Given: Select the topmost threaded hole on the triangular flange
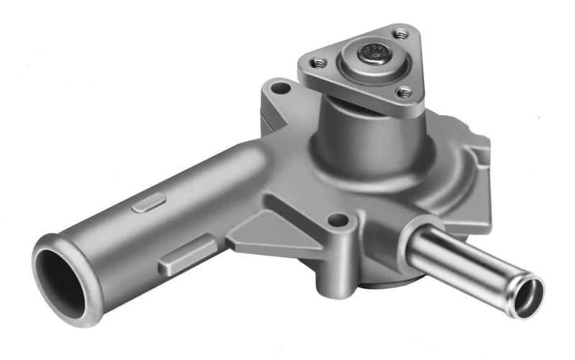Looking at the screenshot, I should coord(400,33).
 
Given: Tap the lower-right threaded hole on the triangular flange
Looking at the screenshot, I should coord(405,92).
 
